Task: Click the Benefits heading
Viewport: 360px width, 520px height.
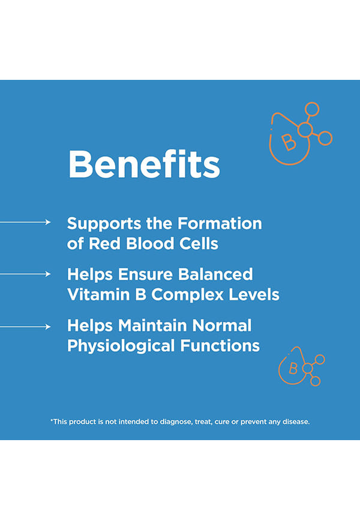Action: pos(144,164)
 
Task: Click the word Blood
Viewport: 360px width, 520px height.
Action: pos(150,243)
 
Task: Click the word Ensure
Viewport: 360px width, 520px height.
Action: pos(145,274)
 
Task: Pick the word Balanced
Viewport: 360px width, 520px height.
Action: pos(215,274)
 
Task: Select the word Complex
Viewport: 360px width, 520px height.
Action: pos(187,295)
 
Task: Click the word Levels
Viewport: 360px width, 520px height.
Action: pos(254,294)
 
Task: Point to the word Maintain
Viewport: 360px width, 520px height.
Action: pos(152,325)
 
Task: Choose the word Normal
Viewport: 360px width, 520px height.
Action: pos(222,325)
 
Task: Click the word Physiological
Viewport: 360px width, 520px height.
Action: pos(121,346)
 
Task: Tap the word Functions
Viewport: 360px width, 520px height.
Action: pos(220,345)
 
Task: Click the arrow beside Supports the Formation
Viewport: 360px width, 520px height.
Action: pos(25,222)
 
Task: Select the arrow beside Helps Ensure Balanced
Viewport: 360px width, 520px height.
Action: pos(25,274)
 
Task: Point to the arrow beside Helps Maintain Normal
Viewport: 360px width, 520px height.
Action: pos(25,327)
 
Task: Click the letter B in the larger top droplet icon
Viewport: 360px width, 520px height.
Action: pos(289,142)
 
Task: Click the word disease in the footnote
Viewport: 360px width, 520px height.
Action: pos(296,422)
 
